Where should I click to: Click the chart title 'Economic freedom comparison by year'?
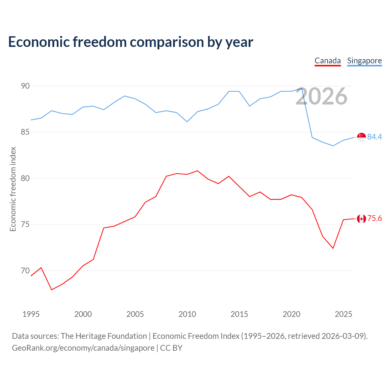[130, 42]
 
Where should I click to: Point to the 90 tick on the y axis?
[25, 86]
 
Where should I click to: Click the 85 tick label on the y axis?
[25, 132]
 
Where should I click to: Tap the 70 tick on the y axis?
[25, 271]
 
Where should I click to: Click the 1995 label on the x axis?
[31, 314]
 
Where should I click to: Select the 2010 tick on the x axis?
[187, 314]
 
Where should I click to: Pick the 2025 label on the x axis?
[343, 314]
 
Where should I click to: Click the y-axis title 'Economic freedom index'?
[13, 189]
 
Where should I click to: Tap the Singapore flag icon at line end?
[361, 137]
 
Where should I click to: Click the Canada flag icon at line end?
[361, 218]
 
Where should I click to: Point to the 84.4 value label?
[375, 137]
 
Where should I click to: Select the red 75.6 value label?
[375, 218]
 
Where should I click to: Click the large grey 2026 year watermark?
[321, 96]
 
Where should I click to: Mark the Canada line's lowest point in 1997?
[51, 290]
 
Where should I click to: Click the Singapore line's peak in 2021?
[302, 88]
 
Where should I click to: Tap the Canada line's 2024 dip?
[333, 248]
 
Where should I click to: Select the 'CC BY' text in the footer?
[171, 348]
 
